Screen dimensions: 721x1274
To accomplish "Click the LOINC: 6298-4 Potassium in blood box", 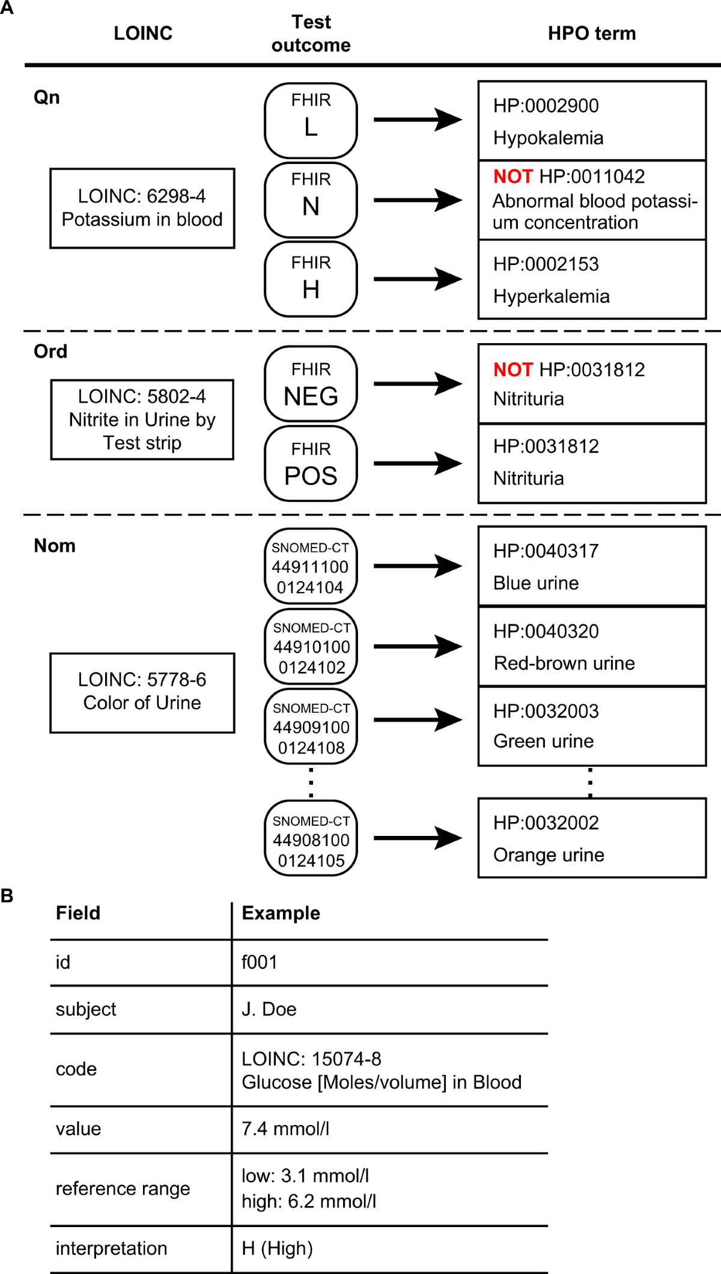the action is tap(142, 208).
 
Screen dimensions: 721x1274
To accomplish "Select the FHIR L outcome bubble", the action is tap(311, 120).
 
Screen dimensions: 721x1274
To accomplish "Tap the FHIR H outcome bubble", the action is tap(311, 279).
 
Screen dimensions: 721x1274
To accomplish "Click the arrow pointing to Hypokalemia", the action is tap(418, 120).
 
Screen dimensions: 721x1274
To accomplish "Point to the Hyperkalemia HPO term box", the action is tap(592, 279).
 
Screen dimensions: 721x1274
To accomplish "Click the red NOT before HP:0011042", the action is tap(513, 176).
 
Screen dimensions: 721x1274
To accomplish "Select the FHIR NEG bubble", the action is tap(311, 383).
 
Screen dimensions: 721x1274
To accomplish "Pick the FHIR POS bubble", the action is tap(311, 463).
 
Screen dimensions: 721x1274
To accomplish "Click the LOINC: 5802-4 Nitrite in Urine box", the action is tap(142, 419).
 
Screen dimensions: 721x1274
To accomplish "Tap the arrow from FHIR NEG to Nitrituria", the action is tap(418, 383).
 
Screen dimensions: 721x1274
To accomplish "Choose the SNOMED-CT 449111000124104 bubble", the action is tap(311, 566).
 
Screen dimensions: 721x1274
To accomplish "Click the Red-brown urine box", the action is tap(592, 647).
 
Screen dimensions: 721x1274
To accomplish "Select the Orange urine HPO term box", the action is tap(592, 838).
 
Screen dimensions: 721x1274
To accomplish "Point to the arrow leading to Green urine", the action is tap(418, 720).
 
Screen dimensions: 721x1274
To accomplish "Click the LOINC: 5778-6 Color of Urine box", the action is tap(142, 693).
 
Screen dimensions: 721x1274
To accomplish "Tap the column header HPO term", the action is tap(592, 33).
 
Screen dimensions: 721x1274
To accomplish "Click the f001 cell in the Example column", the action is tap(260, 962).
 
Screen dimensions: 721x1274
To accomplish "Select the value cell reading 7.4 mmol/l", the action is tap(285, 1129).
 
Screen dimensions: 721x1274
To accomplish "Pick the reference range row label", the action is tap(123, 1189).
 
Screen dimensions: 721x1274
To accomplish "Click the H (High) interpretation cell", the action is tap(277, 1248).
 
